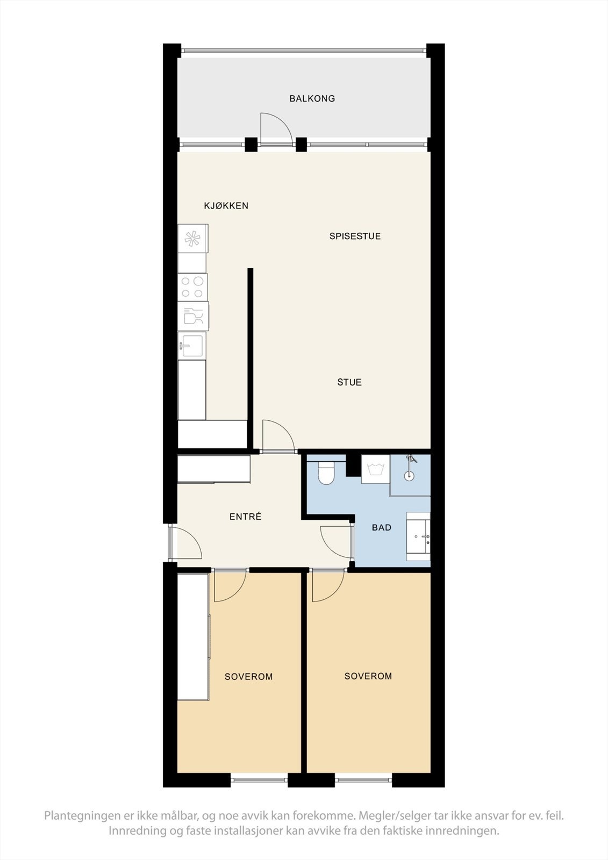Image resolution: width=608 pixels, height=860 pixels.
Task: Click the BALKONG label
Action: (x=312, y=98)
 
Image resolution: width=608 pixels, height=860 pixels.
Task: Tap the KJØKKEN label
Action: (x=226, y=205)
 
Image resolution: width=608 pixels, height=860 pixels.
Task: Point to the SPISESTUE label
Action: (x=355, y=236)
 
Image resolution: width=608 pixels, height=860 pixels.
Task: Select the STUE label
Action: (x=349, y=382)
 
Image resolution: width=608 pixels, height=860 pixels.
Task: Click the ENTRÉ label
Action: (x=245, y=517)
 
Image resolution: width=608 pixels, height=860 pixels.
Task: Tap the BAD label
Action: (x=382, y=527)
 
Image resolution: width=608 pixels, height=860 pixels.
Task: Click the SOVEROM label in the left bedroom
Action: (x=248, y=677)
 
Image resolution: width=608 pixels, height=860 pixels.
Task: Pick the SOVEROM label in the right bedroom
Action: (x=368, y=676)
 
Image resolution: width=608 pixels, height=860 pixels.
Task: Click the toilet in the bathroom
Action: (x=326, y=472)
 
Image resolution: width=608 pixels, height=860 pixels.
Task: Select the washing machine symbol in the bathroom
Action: (x=375, y=469)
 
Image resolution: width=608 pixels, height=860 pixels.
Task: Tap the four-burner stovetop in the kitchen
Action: (x=192, y=286)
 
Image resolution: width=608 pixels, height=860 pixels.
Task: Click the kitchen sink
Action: (x=191, y=345)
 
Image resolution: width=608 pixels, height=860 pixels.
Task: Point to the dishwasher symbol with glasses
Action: (x=193, y=316)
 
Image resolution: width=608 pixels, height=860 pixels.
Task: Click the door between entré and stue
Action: (x=278, y=437)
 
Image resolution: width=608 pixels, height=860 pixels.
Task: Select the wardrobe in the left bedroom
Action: (x=192, y=637)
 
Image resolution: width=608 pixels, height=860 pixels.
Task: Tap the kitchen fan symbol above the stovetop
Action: (x=193, y=238)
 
